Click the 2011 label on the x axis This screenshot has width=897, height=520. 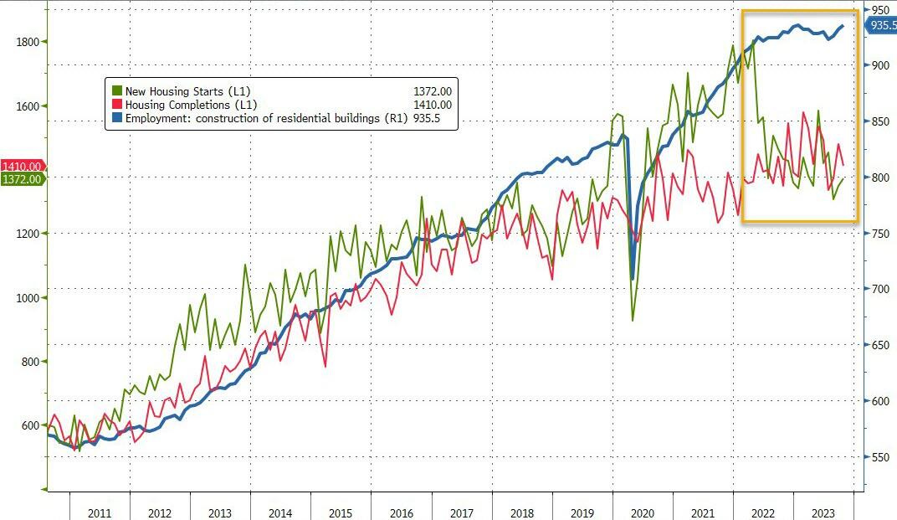[x=99, y=513]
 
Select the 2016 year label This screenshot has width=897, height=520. [x=401, y=513]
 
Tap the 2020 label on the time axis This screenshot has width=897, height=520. [x=642, y=513]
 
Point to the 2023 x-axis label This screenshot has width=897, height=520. [x=823, y=513]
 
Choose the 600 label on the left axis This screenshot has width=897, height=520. [x=28, y=425]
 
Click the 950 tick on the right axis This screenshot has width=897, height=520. [x=879, y=10]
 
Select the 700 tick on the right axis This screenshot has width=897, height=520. [x=879, y=289]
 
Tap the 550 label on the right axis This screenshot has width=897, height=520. [x=879, y=457]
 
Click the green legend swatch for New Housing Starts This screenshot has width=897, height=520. [x=116, y=90]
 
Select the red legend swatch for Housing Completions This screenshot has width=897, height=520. [x=116, y=105]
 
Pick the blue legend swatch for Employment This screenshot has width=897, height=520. [x=116, y=119]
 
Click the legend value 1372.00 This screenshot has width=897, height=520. [x=432, y=90]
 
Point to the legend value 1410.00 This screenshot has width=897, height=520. [x=432, y=105]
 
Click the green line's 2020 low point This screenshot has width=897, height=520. [x=633, y=320]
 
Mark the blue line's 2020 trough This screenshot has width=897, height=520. [x=633, y=279]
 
